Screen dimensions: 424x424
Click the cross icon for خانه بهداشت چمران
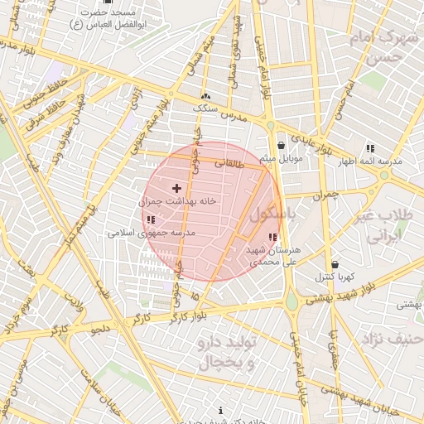tap(176, 189)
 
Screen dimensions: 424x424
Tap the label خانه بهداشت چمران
tap(177, 201)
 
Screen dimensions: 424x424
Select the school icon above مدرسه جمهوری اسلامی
tap(151, 219)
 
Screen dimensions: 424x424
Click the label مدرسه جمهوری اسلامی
tap(152, 233)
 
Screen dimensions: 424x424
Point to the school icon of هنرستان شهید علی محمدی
tap(273, 238)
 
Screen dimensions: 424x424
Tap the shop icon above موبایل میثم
tap(282, 145)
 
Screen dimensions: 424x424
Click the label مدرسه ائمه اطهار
tap(370, 161)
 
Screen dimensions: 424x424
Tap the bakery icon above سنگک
tap(205, 96)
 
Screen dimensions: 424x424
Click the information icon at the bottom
tap(220, 411)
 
